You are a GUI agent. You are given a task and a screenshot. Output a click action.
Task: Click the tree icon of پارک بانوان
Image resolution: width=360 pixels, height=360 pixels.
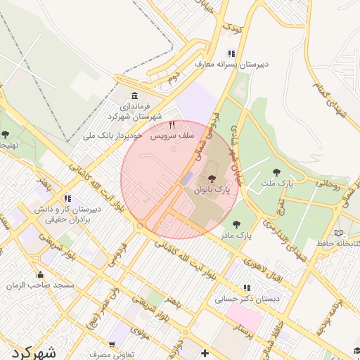click(x=212, y=179)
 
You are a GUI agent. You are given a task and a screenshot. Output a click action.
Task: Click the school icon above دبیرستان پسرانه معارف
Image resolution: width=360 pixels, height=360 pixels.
click(x=231, y=53)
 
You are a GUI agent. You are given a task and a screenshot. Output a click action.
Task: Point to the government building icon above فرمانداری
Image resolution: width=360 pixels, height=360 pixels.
click(x=134, y=96)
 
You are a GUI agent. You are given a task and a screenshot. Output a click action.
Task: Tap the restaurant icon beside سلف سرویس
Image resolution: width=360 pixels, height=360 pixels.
click(x=172, y=124)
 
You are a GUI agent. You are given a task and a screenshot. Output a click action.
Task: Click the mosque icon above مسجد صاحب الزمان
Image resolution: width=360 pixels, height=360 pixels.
click(x=40, y=274)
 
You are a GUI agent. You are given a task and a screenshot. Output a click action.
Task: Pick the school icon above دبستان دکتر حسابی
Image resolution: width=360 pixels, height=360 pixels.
click(x=246, y=288)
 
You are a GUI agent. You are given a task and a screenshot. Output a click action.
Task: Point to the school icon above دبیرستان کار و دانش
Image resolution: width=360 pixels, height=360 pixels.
click(x=67, y=198)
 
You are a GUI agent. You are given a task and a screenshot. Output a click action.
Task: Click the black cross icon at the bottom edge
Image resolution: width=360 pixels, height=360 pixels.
click(x=205, y=352)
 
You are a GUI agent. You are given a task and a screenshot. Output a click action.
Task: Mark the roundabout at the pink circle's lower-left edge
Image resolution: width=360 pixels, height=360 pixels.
click(x=140, y=226)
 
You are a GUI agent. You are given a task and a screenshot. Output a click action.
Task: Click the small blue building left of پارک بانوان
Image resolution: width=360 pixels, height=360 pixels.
click(x=185, y=179)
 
